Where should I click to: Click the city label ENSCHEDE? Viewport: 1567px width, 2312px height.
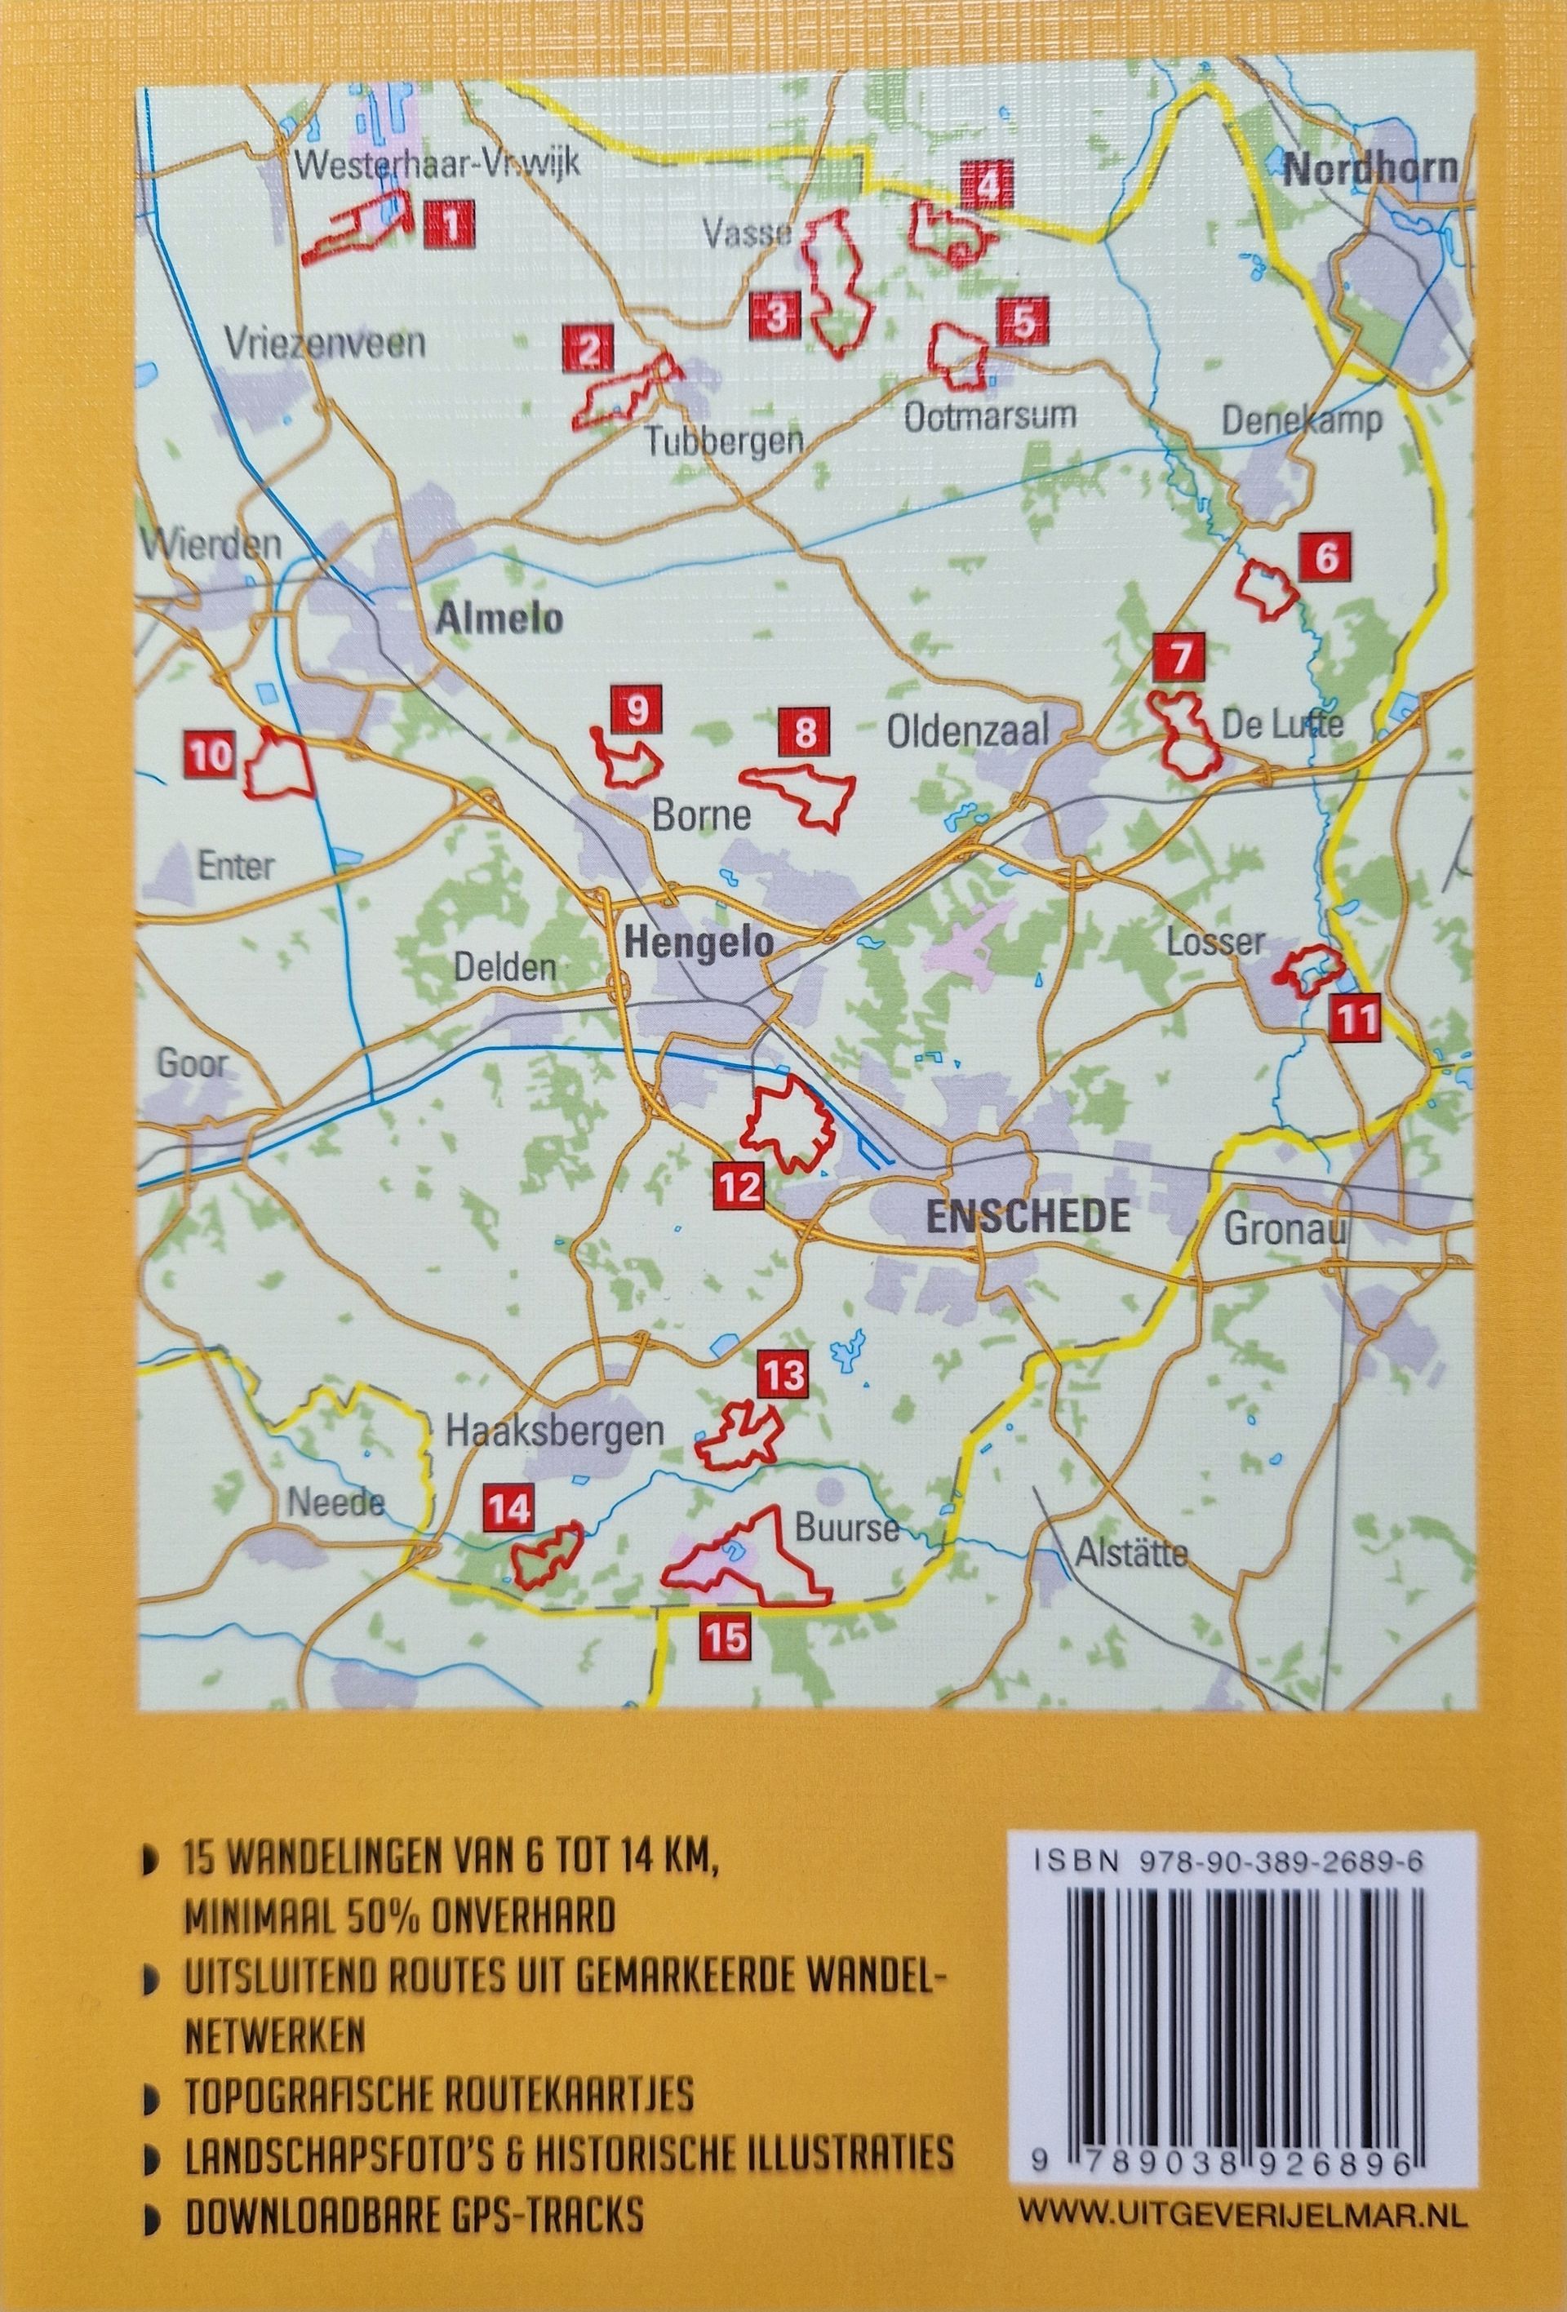pyautogui.click(x=1028, y=1217)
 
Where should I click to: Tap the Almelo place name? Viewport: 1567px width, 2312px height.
pyautogui.click(x=499, y=619)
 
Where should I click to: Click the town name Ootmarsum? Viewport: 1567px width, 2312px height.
pyautogui.click(x=990, y=416)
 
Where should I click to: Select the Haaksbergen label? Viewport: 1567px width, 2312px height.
pyautogui.click(x=555, y=1432)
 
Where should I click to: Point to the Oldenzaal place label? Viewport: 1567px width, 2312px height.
pyautogui.click(x=968, y=732)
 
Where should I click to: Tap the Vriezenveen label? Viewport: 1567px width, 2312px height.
pyautogui.click(x=326, y=344)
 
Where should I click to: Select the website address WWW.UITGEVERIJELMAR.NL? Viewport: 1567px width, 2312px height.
pyautogui.click(x=1244, y=2154)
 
